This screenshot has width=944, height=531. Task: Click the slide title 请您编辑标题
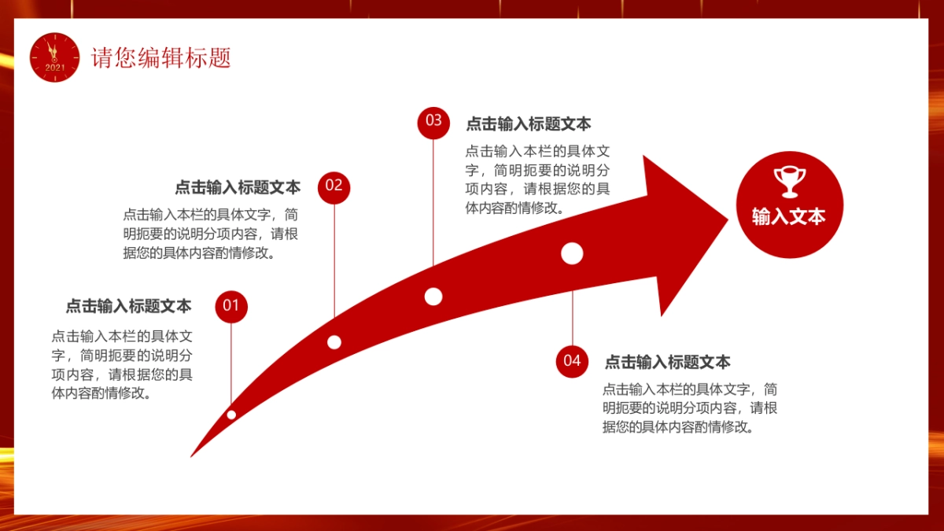coord(161,58)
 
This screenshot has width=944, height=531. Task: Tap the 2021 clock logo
coord(55,57)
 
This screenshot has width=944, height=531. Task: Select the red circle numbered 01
coord(230,306)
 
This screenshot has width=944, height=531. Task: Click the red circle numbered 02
coord(334,186)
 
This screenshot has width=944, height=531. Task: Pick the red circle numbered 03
coord(433,121)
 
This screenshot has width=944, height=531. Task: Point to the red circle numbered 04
coord(572,361)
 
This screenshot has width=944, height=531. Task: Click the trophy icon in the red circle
coord(789,181)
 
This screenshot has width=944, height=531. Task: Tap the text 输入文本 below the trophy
coord(789,216)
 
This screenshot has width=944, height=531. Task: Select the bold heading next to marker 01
coord(128,306)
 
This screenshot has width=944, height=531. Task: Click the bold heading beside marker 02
coord(238,188)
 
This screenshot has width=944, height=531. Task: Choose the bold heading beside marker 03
coord(529,124)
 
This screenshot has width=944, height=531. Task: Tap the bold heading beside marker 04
coord(667,363)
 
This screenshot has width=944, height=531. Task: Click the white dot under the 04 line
coord(572,253)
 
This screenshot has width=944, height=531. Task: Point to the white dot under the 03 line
coord(433,297)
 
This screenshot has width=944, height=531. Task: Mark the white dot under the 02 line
coord(334,342)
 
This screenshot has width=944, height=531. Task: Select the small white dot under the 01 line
coord(231,415)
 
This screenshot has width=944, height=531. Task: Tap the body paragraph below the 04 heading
coord(690,408)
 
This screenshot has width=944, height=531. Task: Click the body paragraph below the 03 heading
coord(537,179)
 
